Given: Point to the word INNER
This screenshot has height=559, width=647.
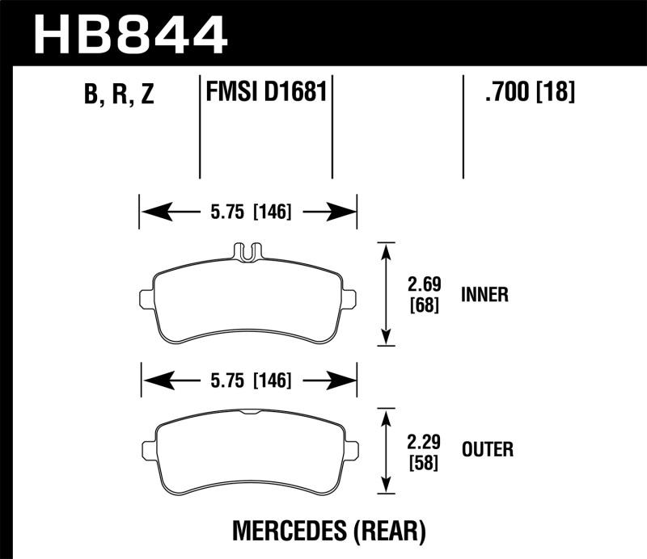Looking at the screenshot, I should click(x=484, y=295).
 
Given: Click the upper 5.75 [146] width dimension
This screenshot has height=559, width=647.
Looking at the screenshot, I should click(x=248, y=212).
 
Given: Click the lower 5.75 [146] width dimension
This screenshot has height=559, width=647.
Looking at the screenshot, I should click(x=248, y=379).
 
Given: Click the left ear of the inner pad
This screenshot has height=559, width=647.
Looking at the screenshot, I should click(x=147, y=298).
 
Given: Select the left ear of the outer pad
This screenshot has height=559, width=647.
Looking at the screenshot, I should click(x=148, y=449).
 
